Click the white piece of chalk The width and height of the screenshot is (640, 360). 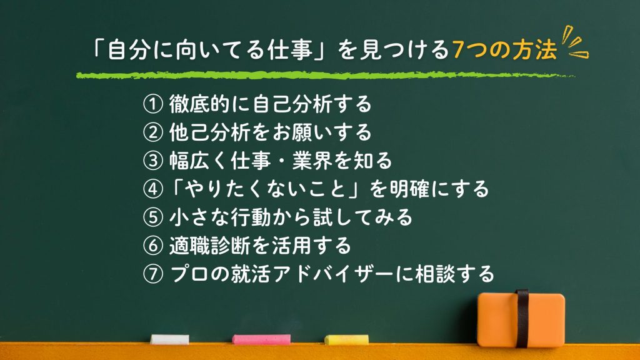click(x=170, y=339)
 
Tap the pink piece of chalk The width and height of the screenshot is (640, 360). click(x=261, y=339)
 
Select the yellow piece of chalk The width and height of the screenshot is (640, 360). click(x=346, y=339)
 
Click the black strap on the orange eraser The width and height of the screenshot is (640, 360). click(x=522, y=318)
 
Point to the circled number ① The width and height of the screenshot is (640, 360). click(x=153, y=104)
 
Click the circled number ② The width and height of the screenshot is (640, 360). click(x=153, y=132)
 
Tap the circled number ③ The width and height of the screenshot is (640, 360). click(x=153, y=161)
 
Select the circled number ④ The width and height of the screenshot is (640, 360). click(x=153, y=189)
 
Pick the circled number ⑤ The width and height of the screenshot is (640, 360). click(x=153, y=217)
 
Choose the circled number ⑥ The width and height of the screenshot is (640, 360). click(x=153, y=245)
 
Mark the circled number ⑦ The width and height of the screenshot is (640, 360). click(x=153, y=274)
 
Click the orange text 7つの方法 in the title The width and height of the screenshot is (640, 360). click(x=504, y=50)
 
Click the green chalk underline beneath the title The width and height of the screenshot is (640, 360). click(x=325, y=75)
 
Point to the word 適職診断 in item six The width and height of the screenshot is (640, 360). click(x=210, y=246)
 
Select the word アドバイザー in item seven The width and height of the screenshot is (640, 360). click(x=334, y=274)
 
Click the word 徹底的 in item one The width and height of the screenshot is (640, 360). click(x=200, y=104)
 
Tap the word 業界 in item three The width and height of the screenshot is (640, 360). click(x=312, y=161)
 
